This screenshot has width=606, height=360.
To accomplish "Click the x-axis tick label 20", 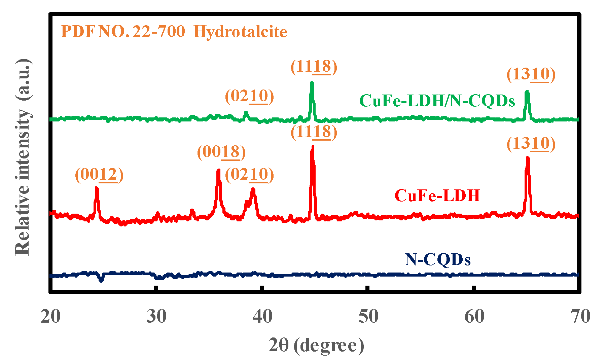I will point(51,317).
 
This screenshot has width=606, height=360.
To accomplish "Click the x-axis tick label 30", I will point(156,317).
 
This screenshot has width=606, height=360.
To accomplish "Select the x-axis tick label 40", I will point(262,317).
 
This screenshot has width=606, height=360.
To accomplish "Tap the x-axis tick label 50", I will point(368,317).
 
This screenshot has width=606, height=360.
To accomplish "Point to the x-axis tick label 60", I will point(474,317).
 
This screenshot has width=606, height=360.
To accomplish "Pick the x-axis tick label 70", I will point(580,317).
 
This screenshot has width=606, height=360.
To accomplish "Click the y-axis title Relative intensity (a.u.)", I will point(23,157).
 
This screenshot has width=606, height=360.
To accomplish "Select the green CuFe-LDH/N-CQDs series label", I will point(437,101).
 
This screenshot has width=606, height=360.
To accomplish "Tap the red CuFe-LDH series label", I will point(437,195).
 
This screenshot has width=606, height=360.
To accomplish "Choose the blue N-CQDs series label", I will point(437,259).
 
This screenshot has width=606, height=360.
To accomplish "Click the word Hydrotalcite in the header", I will point(240,32).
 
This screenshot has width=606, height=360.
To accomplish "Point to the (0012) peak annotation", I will point(99,175).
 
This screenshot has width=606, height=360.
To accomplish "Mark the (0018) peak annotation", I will point(221,152).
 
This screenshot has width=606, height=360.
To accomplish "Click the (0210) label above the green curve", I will point(249,96).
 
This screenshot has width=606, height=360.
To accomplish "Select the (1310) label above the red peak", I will point(531,144).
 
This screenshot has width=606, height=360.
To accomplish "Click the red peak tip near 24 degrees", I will point(97,188).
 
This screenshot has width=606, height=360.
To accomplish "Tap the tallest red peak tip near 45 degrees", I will point(313,147).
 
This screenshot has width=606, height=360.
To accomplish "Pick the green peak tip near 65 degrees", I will point(527,92).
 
